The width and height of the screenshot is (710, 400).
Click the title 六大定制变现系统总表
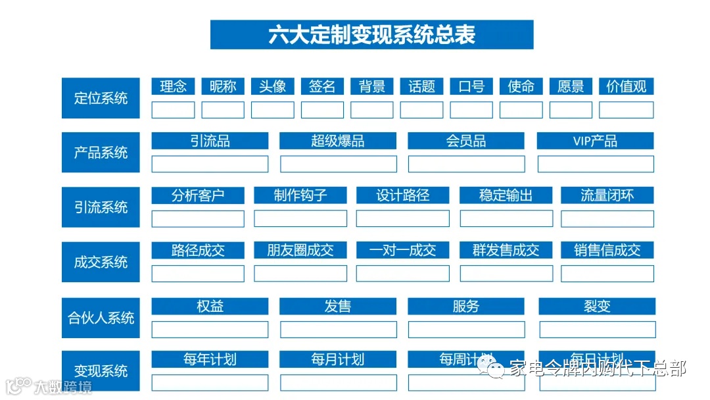coord(371,34)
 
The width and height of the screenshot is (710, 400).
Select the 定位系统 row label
coord(101,99)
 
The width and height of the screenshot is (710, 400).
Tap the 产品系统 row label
coord(101,153)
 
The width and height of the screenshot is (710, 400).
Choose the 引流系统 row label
coord(101,207)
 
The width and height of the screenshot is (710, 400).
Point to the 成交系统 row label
coord(101,262)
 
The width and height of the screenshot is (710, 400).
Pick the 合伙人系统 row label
coord(101,318)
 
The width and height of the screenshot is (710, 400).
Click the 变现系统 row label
coord(101,371)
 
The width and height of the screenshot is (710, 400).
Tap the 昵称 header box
coord(223,86)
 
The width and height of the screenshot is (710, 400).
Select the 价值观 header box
coord(626,86)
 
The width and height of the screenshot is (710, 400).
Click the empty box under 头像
coord(272,110)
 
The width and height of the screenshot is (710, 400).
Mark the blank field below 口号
coord(471,110)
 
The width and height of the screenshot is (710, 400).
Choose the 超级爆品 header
coord(338,141)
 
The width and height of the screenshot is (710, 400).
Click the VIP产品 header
coord(595,141)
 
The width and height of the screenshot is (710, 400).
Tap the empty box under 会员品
coord(466,164)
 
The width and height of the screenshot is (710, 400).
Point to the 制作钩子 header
coord(300,195)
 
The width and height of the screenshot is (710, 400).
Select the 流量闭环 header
coord(607,195)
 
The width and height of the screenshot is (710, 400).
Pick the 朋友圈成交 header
coord(300,250)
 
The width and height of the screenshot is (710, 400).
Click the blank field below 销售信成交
coord(607,274)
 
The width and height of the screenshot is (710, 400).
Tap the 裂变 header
coord(597,306)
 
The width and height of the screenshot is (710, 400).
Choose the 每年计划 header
coord(210,359)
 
